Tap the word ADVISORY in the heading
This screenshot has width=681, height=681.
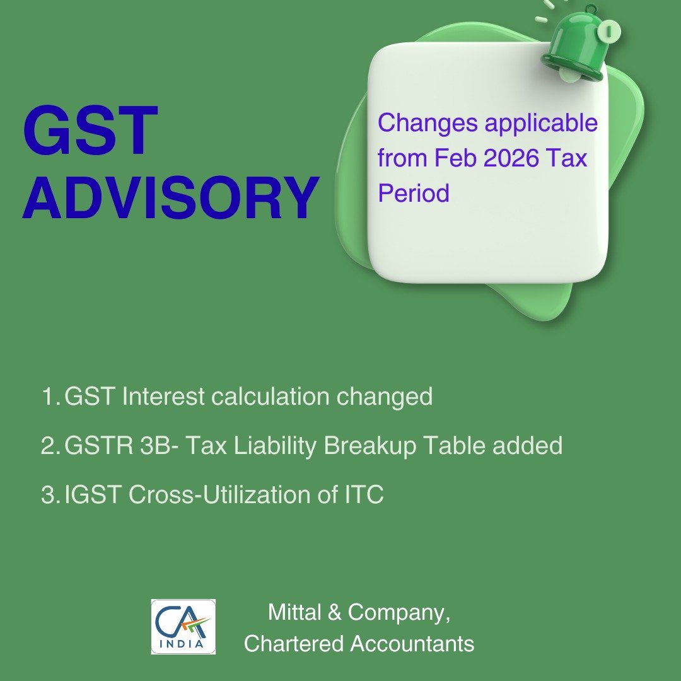point(170,198)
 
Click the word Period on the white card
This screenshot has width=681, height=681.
point(413,193)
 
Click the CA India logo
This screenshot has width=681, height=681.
point(183,626)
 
